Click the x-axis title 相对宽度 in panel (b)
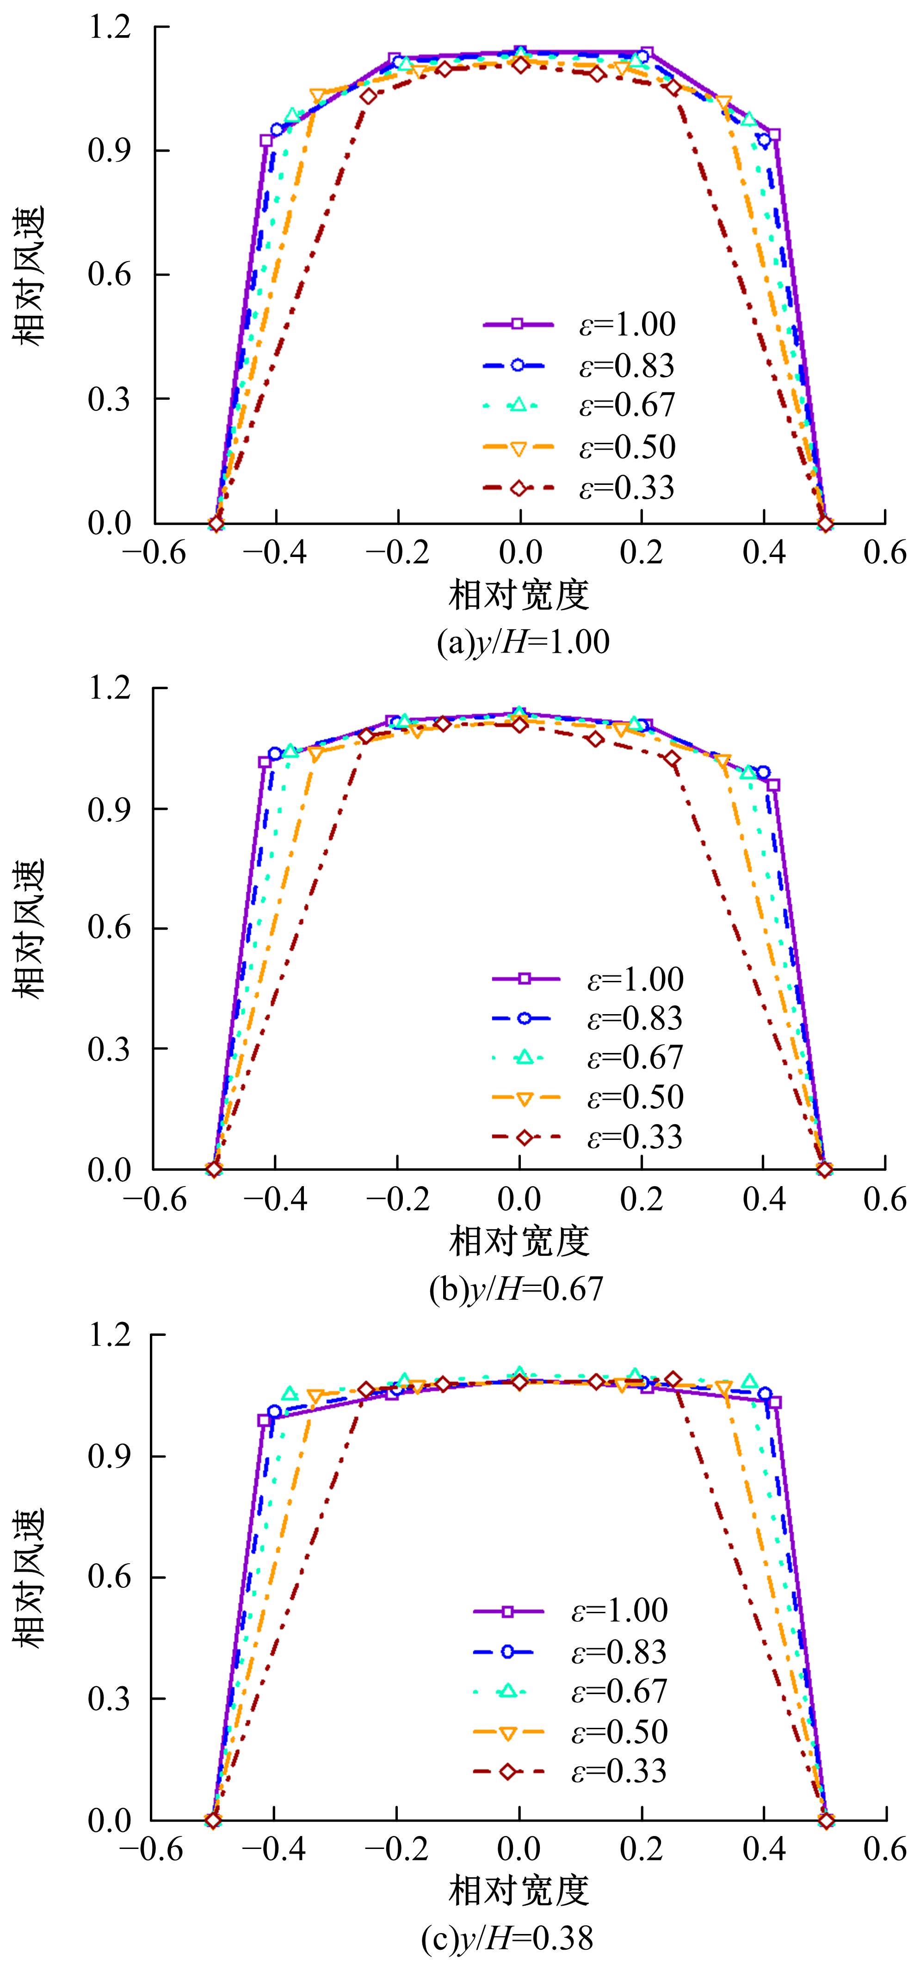(x=519, y=1241)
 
